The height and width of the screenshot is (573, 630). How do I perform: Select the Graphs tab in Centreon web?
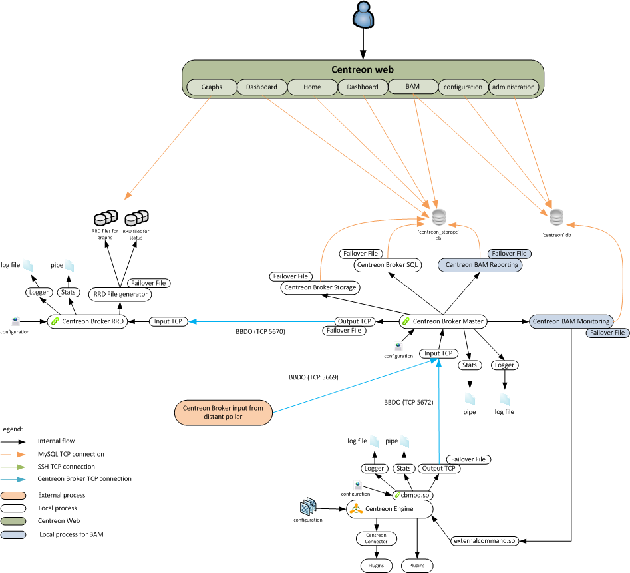click(212, 87)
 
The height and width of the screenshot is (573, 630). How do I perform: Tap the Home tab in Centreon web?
click(312, 87)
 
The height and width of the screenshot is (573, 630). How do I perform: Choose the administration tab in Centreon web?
click(513, 87)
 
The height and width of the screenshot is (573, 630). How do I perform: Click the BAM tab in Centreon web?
click(412, 87)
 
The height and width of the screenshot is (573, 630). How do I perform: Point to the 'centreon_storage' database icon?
click(438, 217)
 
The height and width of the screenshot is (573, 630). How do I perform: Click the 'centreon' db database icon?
click(556, 217)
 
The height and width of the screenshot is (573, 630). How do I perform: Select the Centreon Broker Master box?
click(443, 321)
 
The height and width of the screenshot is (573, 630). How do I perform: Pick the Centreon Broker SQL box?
click(388, 265)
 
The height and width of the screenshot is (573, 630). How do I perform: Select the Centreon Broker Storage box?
click(320, 288)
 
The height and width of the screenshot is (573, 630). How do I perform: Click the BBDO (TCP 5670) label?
click(260, 331)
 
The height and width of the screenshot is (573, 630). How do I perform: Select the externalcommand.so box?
click(484, 541)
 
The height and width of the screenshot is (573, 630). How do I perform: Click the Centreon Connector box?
click(376, 538)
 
